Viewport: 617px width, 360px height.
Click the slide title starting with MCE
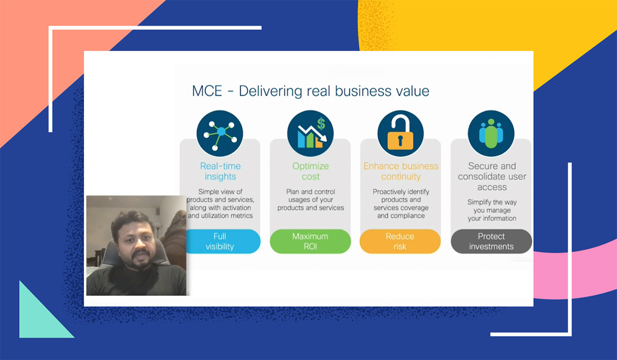coord(311,92)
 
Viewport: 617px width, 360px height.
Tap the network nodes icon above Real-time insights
coord(220,133)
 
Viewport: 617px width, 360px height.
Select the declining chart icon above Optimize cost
coord(310,133)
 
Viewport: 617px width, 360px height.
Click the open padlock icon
coord(401,133)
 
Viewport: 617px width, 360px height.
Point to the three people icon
coord(491,133)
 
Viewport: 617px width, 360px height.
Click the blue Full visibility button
coord(220,241)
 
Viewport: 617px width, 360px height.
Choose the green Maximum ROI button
coord(310,241)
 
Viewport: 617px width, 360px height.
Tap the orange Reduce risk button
coord(400,241)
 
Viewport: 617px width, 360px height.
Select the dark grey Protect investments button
coord(491,241)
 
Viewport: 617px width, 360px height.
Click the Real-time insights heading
coord(220,171)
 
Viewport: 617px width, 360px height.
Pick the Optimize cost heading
coord(310,171)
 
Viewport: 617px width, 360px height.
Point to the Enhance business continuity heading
coord(401,171)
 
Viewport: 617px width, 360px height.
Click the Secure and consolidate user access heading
coord(492,176)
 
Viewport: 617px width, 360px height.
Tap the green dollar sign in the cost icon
coord(321,124)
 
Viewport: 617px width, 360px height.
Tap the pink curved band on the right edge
coord(581,273)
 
